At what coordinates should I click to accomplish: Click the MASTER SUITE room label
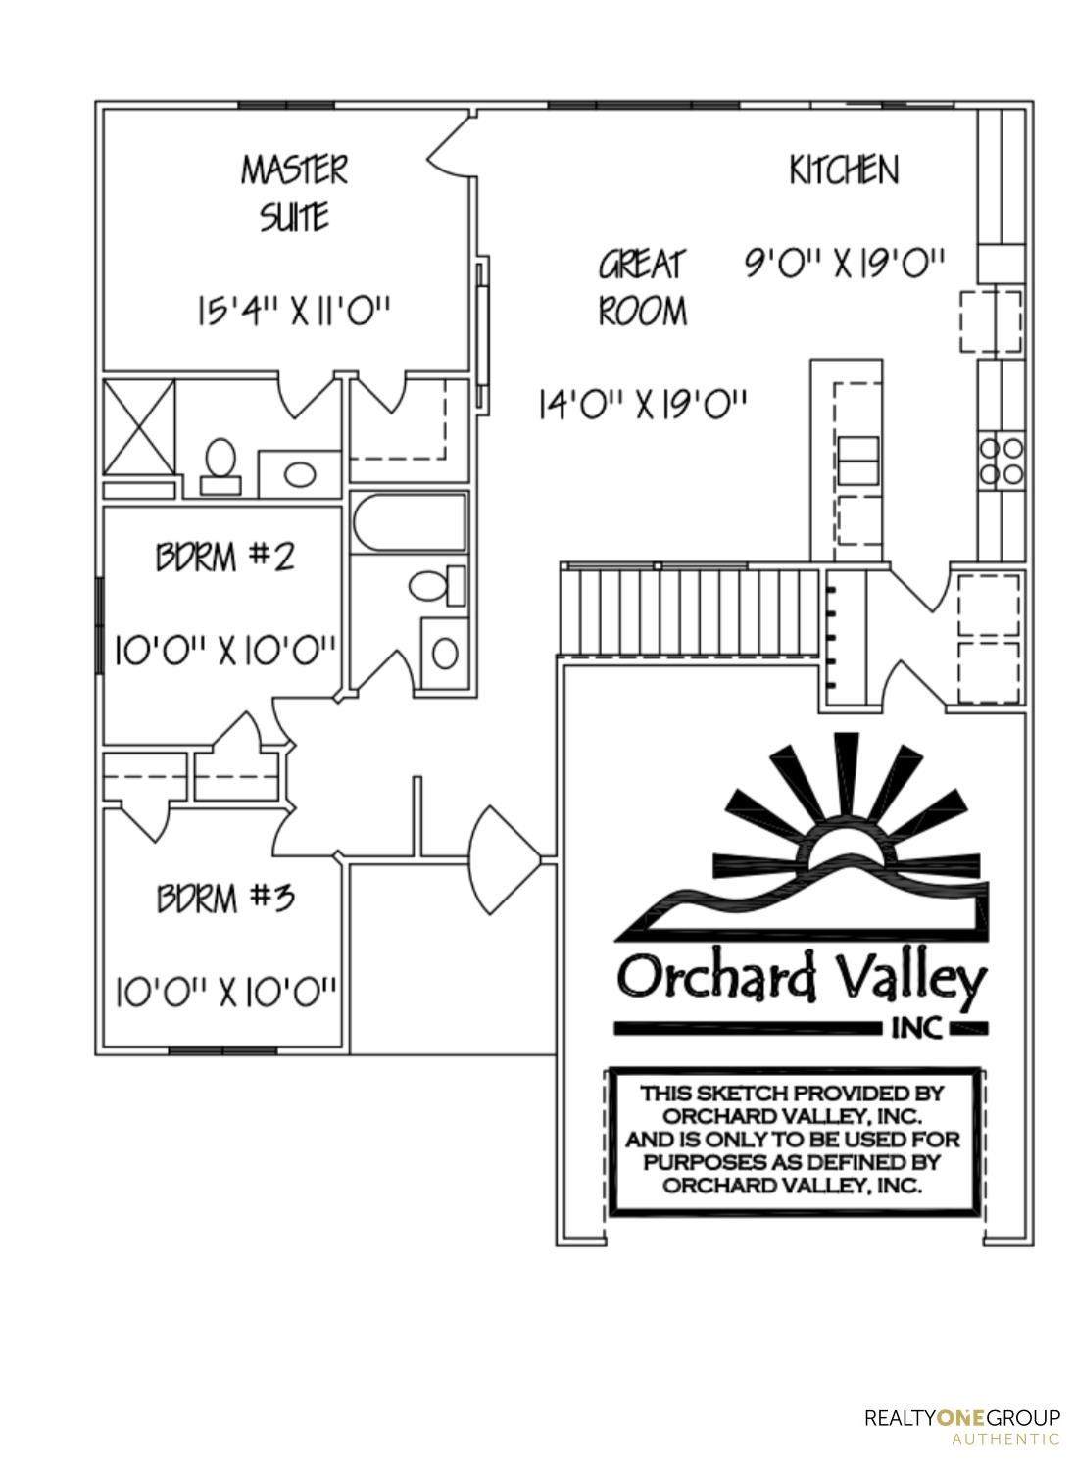[x=294, y=192]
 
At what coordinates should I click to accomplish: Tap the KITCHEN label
[x=844, y=170]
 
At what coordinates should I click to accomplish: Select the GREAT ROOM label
[x=643, y=287]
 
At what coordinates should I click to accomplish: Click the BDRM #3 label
[x=225, y=897]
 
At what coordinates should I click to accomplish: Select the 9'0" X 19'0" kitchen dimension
[x=845, y=264]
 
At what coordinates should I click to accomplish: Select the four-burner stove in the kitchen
[x=1001, y=462]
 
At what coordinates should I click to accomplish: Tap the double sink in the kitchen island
[x=858, y=461]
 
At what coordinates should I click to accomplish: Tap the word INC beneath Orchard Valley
[x=916, y=1028]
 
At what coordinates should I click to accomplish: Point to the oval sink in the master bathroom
[x=300, y=473]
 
